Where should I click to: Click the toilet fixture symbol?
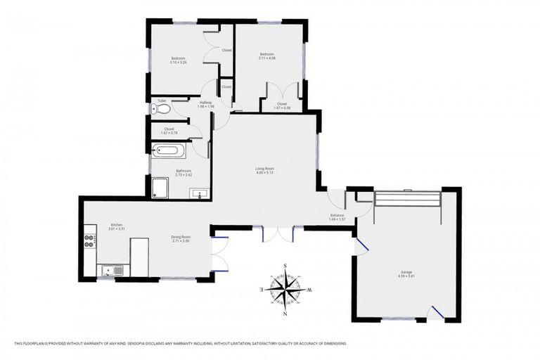[x=156, y=109]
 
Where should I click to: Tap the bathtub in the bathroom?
[x=169, y=151]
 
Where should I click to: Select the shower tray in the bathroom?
[x=160, y=187]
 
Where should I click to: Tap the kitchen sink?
[x=110, y=270]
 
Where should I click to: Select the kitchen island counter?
[x=139, y=257]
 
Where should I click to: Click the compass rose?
[x=285, y=288]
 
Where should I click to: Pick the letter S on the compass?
[x=285, y=265]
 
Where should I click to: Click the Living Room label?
[x=264, y=169]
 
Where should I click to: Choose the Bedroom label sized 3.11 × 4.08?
[x=267, y=54]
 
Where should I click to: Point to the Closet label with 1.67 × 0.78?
[x=169, y=129]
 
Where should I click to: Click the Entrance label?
[x=337, y=215]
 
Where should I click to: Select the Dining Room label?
[x=181, y=238]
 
